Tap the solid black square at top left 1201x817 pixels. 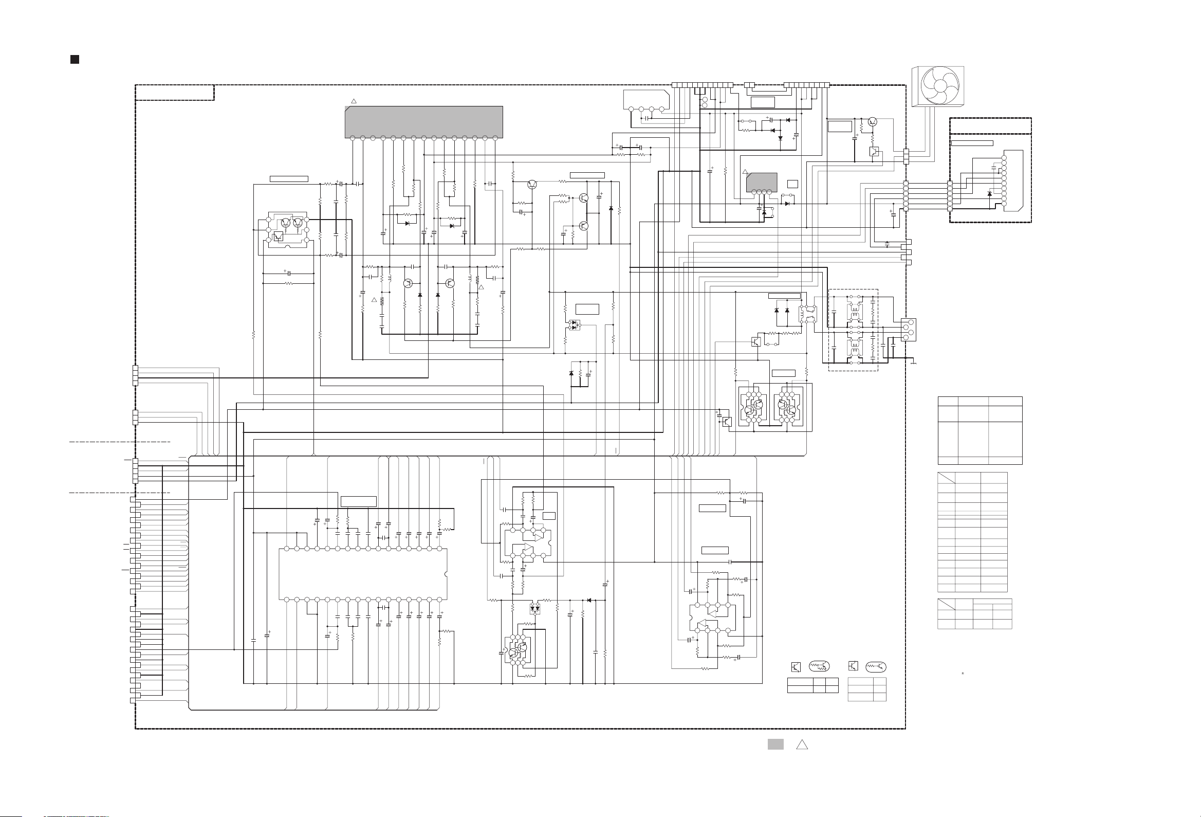(x=75, y=60)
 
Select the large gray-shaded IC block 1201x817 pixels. (x=424, y=121)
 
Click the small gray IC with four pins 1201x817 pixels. (x=762, y=182)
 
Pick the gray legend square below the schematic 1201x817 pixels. (x=775, y=744)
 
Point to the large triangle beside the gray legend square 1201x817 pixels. (x=802, y=745)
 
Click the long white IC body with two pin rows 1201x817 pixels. (x=363, y=574)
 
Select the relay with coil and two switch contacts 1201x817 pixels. (x=807, y=314)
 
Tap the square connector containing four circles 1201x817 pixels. (x=908, y=330)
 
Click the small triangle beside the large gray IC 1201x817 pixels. (x=354, y=101)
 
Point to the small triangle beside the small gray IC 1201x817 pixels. (x=745, y=172)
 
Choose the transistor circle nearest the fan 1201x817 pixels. (x=872, y=122)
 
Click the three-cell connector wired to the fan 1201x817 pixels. (x=906, y=156)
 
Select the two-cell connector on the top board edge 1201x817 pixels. (x=749, y=85)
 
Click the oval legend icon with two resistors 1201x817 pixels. (x=819, y=666)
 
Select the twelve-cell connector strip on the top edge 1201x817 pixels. (x=703, y=85)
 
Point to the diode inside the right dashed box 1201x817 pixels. (x=989, y=194)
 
